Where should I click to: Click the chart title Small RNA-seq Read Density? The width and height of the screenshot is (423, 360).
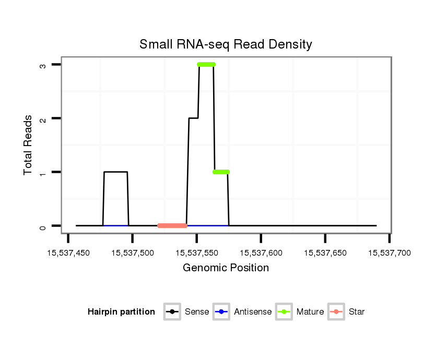(x=226, y=44)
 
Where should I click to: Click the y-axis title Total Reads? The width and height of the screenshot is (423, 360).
(x=28, y=145)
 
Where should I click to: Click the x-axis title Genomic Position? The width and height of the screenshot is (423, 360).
(x=226, y=268)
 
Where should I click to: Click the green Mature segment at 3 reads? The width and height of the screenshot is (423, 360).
(x=206, y=65)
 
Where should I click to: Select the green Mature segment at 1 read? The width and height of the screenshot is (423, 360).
(x=221, y=172)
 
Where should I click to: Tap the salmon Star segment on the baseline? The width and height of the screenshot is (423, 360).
(x=172, y=225)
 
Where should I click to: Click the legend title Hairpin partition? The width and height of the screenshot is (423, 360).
(x=121, y=312)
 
